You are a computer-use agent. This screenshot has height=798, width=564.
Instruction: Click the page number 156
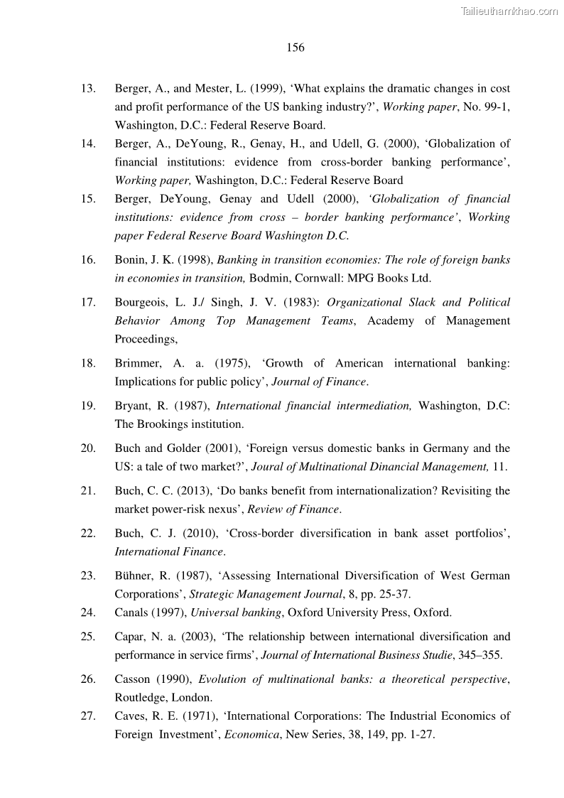[295, 48]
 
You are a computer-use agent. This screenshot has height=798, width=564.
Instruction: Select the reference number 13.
[88, 89]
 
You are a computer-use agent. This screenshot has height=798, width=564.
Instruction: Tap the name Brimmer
[137, 363]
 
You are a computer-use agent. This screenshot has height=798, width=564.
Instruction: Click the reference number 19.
[88, 406]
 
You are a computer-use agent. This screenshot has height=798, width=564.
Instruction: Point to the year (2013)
[186, 491]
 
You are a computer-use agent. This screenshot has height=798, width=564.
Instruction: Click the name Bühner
[134, 576]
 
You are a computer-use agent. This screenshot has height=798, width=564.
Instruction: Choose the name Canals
[132, 612]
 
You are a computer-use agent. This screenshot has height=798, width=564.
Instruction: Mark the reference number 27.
[88, 716]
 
